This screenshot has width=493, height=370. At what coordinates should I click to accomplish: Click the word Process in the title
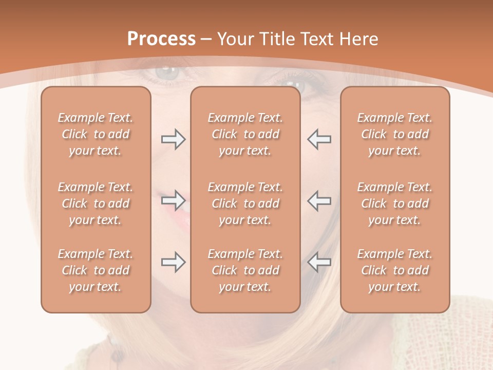(x=161, y=39)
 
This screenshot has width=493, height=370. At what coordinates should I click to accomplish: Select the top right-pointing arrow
(x=173, y=139)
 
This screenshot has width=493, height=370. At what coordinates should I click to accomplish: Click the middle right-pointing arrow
(x=173, y=200)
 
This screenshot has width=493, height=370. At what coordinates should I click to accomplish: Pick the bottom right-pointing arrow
(x=173, y=262)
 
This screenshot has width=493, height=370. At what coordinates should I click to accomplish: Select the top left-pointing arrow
(x=319, y=139)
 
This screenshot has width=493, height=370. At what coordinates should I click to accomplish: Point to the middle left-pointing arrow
(x=319, y=200)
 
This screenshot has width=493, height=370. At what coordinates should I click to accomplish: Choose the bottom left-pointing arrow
(x=319, y=262)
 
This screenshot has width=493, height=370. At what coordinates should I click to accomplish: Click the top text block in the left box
(x=96, y=134)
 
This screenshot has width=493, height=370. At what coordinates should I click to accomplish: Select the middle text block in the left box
(x=96, y=203)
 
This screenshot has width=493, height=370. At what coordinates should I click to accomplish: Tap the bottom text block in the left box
(x=96, y=270)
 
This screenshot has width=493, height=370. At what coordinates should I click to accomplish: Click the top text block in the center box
(x=245, y=134)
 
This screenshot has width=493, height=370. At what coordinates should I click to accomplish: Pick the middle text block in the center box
(x=245, y=203)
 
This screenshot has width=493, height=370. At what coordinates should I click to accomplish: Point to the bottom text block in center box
(x=245, y=270)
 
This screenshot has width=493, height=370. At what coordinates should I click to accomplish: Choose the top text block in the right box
(x=395, y=134)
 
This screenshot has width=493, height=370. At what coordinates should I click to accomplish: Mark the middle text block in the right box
(x=395, y=203)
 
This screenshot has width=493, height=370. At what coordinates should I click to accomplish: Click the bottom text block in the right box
(x=395, y=270)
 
